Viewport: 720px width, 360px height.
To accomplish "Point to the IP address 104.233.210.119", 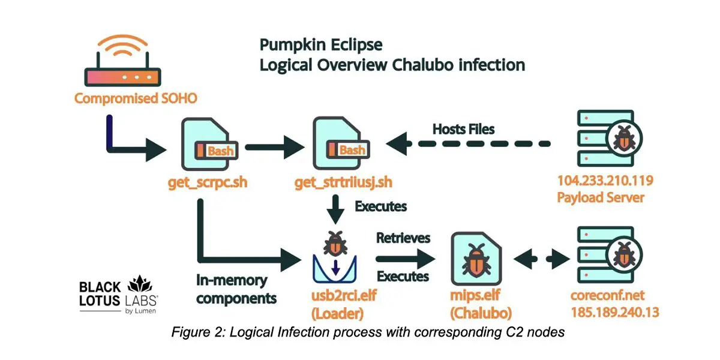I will click(604, 181).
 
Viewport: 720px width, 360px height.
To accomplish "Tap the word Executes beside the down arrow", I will click(380, 206).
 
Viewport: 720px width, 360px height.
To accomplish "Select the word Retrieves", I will click(403, 238).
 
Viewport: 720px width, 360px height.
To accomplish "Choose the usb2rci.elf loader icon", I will click(335, 258).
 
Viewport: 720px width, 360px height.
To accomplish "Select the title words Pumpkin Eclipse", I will click(320, 45).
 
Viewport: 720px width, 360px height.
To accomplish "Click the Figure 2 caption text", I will click(367, 332).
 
